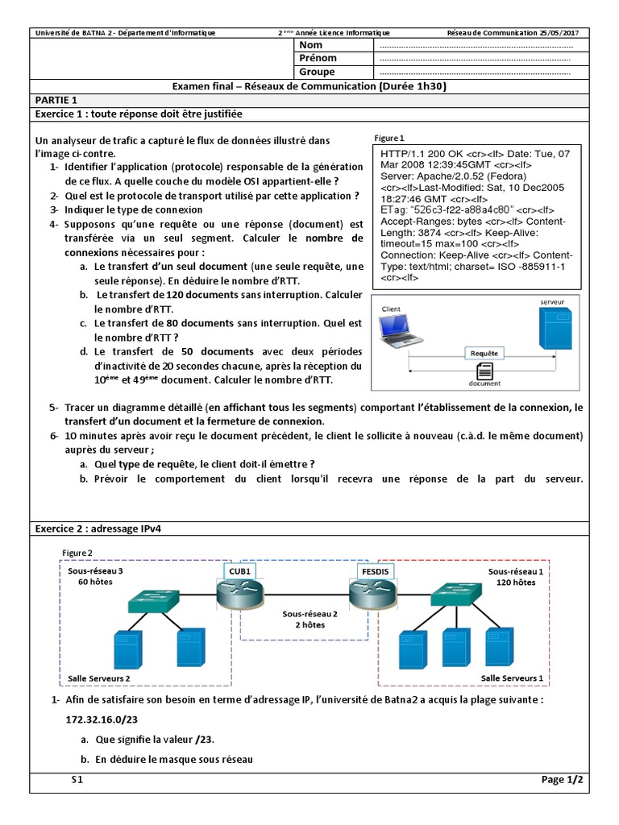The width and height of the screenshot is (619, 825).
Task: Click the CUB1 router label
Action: pos(239,571)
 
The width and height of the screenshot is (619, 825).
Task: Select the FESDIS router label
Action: pos(375,571)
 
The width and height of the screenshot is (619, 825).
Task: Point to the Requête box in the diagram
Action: pos(484,353)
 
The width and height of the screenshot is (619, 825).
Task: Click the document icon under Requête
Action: pos(485,371)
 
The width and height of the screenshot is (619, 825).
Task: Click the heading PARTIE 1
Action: pos(56,100)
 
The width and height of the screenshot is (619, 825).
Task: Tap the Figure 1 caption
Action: pos(391,138)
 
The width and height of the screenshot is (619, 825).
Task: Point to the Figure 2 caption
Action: pos(77,553)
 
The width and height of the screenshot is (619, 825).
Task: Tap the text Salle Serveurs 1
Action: pos(512,678)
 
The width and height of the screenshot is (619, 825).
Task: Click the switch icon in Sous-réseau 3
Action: pos(155,600)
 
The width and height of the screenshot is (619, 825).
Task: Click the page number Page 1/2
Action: pos(562,780)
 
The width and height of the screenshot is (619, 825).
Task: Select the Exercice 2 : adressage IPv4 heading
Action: pos(102,529)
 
